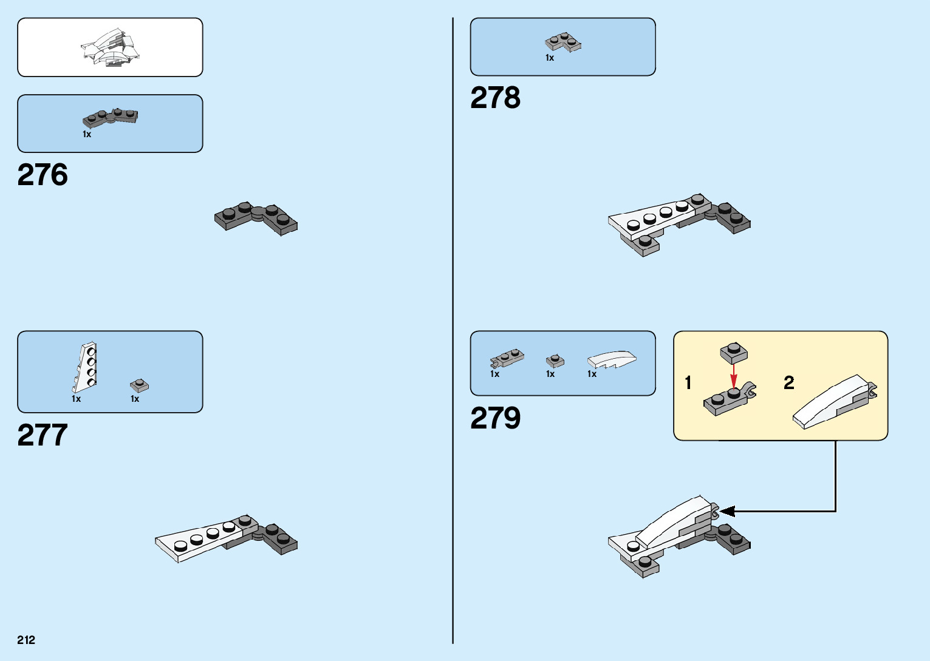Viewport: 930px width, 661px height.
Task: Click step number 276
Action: click(43, 175)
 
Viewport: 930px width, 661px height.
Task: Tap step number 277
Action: click(43, 435)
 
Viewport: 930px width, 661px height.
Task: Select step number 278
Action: click(495, 98)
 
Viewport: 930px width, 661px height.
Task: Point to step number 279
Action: click(495, 418)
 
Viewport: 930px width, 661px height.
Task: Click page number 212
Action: click(26, 640)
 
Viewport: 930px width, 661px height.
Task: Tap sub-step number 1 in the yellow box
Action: click(688, 383)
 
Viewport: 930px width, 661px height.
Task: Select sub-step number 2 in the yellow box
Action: click(788, 383)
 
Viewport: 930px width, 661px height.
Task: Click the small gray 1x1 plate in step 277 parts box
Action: click(139, 385)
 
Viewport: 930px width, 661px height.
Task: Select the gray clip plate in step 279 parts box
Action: click(507, 359)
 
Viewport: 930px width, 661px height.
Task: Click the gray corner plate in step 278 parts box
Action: click(563, 42)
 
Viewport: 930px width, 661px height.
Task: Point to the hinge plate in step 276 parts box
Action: click(111, 117)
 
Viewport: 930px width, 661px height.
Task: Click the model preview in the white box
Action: click(111, 47)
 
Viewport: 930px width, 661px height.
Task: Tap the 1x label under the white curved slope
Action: click(592, 374)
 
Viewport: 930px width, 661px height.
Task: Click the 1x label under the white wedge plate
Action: click(76, 399)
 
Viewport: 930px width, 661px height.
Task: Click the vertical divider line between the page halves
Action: click(453, 330)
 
